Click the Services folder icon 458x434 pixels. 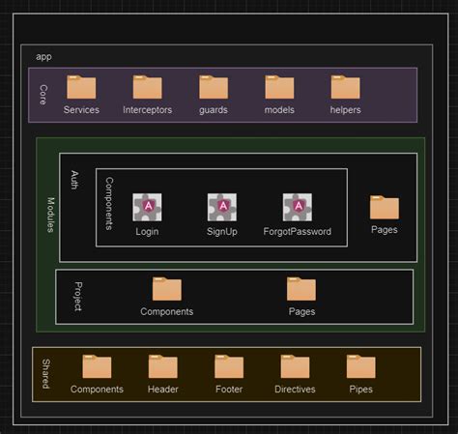(x=81, y=88)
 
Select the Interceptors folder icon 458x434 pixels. (x=147, y=88)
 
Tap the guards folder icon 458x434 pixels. (x=213, y=88)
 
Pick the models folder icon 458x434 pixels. (x=279, y=88)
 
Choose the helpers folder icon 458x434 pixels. (x=345, y=88)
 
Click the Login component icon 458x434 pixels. (x=147, y=207)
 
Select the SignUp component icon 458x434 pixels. (x=222, y=207)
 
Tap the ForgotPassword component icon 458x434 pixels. (x=297, y=207)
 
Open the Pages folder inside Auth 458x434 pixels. (x=384, y=207)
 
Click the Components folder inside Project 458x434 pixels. (x=166, y=289)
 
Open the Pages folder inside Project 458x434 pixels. (x=301, y=289)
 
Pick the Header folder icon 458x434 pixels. (x=162, y=366)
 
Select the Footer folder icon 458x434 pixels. (x=229, y=366)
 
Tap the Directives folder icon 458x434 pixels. (x=295, y=366)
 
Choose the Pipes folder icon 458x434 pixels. (x=360, y=366)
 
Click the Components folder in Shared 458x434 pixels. (x=97, y=366)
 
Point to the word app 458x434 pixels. (x=43, y=57)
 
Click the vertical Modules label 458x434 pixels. (x=50, y=221)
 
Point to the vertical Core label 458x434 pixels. (x=43, y=94)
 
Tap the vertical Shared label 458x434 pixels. (x=45, y=374)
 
